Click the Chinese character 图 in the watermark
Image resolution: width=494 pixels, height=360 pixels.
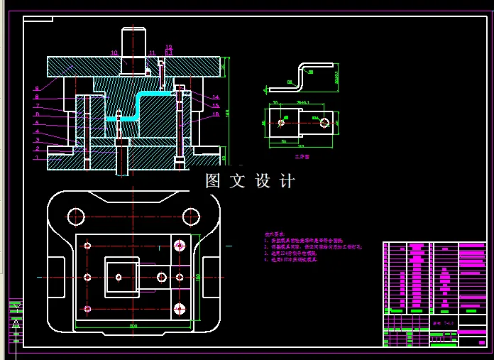pos(213,181)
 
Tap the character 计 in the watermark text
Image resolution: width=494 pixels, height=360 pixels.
pos(287,181)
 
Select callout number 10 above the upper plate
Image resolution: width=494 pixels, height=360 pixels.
pos(114,53)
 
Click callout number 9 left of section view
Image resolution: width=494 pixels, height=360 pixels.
pos(36,88)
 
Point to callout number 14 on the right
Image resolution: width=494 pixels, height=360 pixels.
pos(216,97)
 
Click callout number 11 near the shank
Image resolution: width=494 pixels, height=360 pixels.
pos(152,53)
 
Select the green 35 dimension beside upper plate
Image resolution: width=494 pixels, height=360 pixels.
pos(224,67)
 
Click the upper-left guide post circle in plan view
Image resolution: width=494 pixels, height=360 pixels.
pos(76,216)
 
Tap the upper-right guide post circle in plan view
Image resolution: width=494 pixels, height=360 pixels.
pos(190,216)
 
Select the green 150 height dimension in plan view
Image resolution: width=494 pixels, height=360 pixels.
pos(199,276)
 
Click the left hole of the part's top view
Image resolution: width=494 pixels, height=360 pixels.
pos(282,122)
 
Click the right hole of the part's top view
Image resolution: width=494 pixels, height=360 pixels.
pos(324,122)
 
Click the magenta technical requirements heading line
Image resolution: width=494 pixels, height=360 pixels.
pos(273,234)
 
